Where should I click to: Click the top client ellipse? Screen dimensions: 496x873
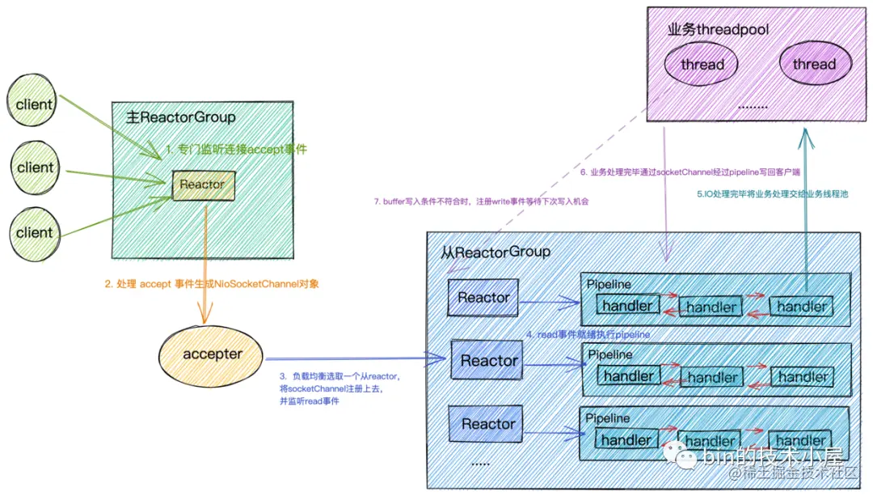35,104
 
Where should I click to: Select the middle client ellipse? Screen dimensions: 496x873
35,167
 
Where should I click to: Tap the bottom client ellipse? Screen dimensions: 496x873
35,231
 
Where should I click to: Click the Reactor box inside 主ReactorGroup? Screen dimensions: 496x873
202,185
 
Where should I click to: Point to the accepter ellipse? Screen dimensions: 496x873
212,354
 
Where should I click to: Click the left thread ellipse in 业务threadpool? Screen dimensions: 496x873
702,64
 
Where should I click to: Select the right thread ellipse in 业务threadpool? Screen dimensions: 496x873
814,64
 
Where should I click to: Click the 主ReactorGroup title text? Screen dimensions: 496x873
181,117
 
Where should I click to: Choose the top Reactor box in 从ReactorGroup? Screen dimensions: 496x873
483,298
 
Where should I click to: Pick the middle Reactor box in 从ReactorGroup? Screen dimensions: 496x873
488,361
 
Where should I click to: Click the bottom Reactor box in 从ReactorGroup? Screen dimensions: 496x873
488,424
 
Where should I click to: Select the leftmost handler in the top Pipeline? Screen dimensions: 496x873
628,305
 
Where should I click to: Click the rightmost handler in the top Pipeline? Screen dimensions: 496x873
802,306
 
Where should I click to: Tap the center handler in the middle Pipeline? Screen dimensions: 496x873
712,377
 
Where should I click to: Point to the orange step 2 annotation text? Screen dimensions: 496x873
207,284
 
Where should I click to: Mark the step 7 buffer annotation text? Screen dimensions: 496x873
482,201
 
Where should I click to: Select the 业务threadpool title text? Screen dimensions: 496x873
718,30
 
